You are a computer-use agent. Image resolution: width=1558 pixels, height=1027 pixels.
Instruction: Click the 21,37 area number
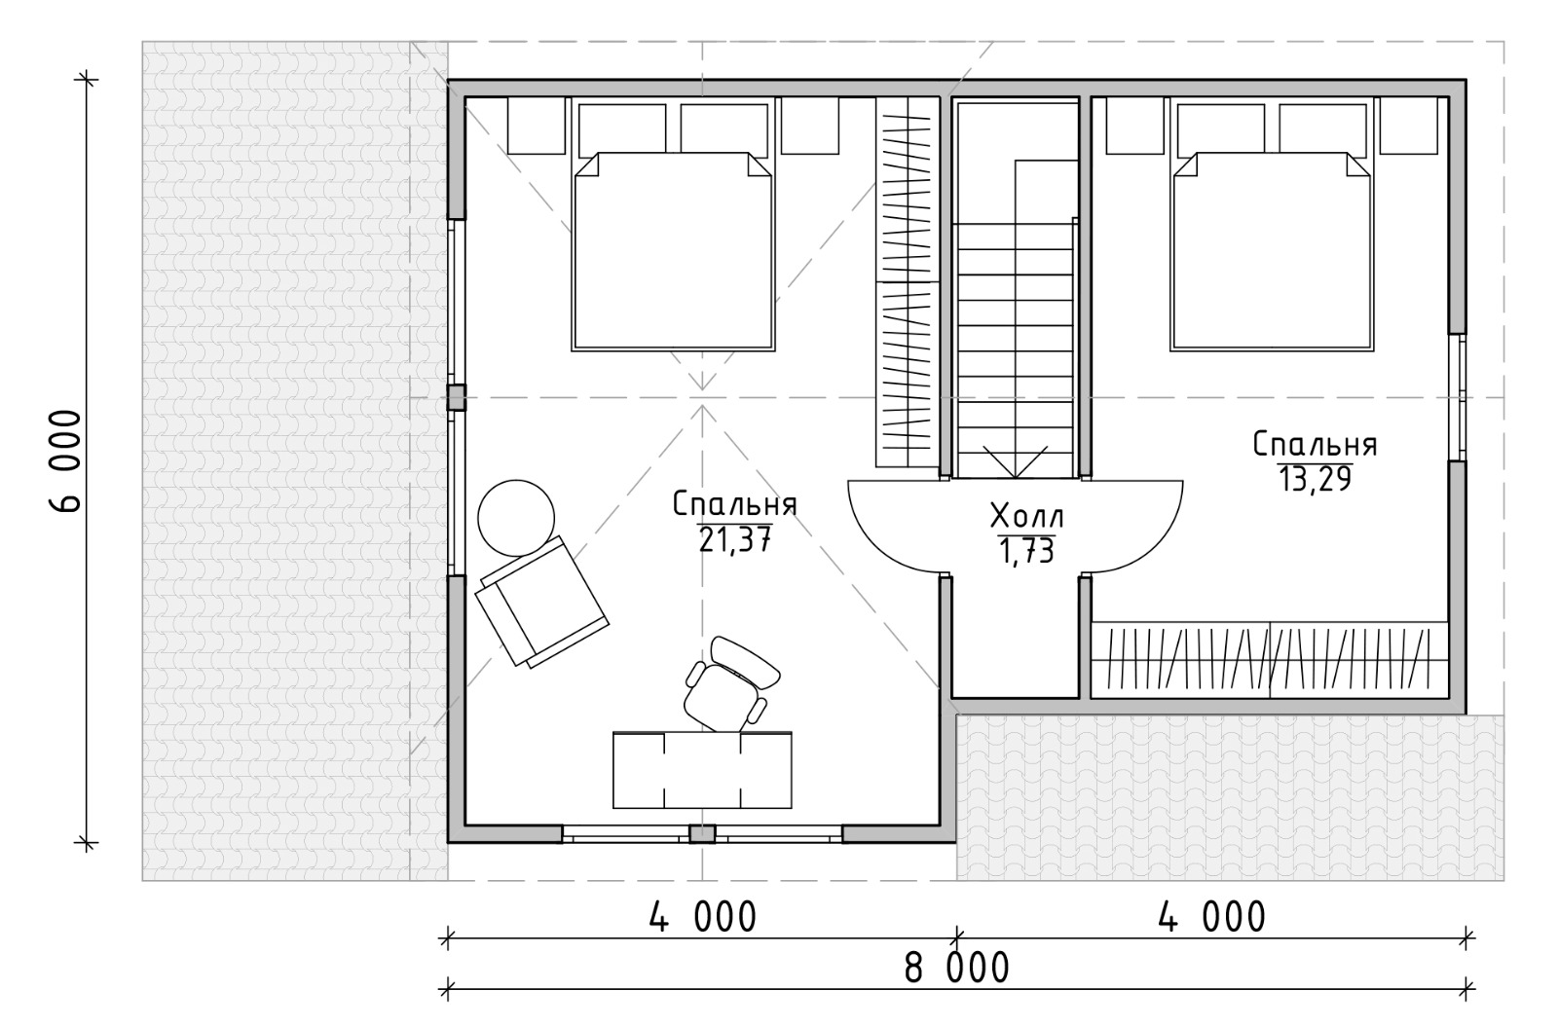pos(735,539)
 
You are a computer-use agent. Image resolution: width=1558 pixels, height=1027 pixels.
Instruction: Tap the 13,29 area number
pos(1315,478)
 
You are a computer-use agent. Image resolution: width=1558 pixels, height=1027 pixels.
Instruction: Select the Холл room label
pos(1026,517)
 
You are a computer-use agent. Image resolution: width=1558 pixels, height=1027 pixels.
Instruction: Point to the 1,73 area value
pos(1026,551)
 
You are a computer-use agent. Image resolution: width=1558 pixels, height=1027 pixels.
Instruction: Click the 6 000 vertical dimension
pos(67,461)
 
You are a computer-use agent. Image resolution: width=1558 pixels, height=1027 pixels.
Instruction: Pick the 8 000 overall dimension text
pos(956,968)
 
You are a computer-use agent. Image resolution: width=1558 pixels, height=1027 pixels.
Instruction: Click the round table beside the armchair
pos(516,518)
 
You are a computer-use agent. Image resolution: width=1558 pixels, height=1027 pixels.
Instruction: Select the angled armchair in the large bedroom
pos(541,603)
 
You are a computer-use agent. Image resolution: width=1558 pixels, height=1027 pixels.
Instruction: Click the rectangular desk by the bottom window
pos(702,770)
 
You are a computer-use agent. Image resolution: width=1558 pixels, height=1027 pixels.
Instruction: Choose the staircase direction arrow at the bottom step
pos(1016,461)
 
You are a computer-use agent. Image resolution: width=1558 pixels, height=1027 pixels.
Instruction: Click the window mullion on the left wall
pos(457,398)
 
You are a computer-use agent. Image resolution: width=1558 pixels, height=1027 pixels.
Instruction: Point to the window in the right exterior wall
pos(1458,397)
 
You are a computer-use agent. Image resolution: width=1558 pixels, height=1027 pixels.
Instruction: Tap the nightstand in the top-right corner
pos(1408,126)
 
